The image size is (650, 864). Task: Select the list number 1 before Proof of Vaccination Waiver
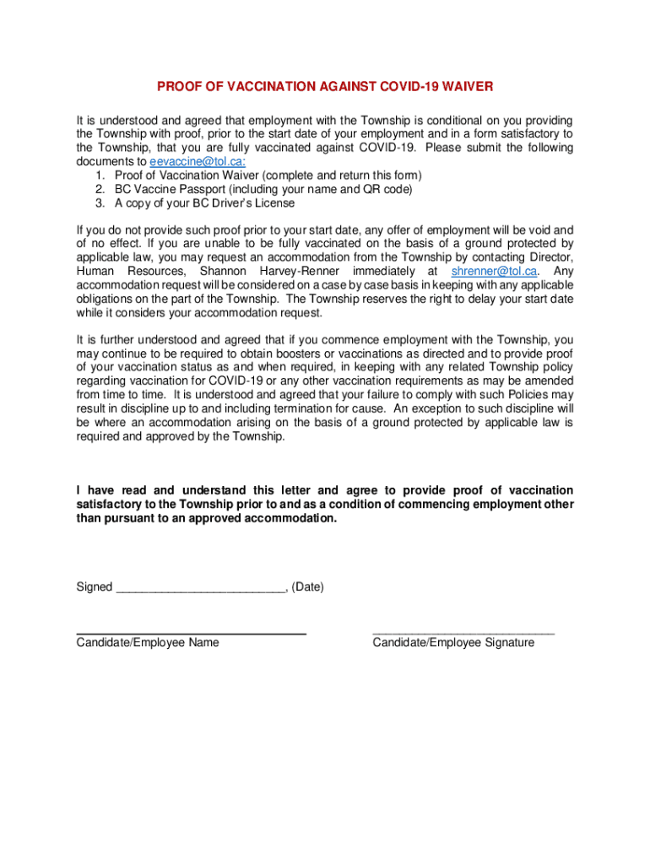[x=100, y=175]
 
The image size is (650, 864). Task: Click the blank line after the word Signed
[x=200, y=587]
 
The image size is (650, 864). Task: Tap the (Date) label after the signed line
[x=307, y=586]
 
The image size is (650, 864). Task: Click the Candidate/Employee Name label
[x=148, y=642]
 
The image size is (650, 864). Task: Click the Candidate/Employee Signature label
[x=453, y=642]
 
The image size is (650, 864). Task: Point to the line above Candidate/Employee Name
[x=191, y=633]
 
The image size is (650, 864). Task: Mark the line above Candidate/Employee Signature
[x=463, y=632]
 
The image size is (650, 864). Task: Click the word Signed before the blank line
[x=95, y=586]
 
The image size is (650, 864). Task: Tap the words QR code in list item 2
[x=387, y=189]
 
